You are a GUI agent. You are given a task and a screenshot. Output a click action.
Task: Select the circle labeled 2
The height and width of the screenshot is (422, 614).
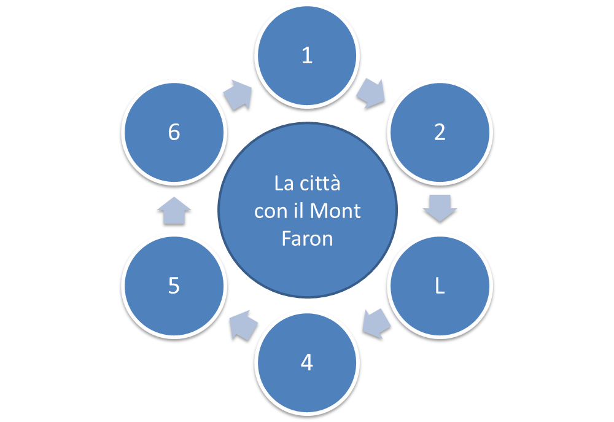[440, 133]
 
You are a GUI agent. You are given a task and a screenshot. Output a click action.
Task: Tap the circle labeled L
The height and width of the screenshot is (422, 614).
[440, 286]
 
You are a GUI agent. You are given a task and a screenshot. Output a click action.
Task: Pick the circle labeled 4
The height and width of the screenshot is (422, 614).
[307, 363]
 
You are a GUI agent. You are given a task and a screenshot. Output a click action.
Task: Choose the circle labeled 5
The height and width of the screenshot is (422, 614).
[174, 286]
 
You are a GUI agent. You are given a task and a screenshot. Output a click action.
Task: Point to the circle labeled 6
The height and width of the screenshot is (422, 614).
[174, 133]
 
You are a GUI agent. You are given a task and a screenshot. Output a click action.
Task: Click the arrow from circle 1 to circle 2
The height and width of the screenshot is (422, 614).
[371, 93]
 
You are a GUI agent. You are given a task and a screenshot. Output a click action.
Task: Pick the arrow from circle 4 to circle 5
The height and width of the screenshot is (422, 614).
[242, 326]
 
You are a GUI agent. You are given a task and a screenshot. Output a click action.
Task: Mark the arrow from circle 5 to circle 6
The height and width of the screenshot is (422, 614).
[174, 211]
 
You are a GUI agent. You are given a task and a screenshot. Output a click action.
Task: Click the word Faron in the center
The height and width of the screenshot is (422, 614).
[307, 238]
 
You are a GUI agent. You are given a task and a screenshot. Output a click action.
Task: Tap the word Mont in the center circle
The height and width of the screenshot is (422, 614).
[335, 211]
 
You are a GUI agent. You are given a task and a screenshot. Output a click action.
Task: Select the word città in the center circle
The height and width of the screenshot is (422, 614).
[319, 184]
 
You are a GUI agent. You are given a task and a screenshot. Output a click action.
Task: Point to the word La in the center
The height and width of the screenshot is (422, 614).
[283, 184]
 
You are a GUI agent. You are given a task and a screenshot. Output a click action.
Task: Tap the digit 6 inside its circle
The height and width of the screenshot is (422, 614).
[174, 133]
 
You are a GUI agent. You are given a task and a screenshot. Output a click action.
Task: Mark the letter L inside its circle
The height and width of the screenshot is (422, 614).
[440, 286]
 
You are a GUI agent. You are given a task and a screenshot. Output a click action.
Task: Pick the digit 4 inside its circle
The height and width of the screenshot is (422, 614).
[307, 363]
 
